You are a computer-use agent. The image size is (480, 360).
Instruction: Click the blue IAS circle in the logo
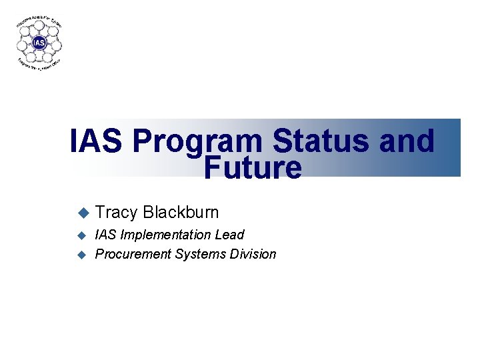pyautogui.click(x=40, y=43)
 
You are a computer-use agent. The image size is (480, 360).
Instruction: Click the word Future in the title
pyautogui.click(x=253, y=168)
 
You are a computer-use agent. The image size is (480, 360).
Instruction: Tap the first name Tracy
pyautogui.click(x=116, y=213)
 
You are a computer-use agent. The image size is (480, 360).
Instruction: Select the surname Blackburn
pyautogui.click(x=181, y=213)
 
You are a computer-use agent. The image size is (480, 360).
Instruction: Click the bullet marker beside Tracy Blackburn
pyautogui.click(x=83, y=213)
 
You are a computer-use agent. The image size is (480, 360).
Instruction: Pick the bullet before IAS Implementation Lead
pyautogui.click(x=83, y=235)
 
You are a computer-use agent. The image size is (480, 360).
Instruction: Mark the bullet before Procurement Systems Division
pyautogui.click(x=83, y=254)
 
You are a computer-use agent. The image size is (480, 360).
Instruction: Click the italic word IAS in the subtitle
pyautogui.click(x=105, y=235)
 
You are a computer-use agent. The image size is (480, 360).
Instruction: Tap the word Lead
pyautogui.click(x=230, y=235)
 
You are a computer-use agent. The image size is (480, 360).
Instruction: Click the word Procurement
pyautogui.click(x=133, y=254)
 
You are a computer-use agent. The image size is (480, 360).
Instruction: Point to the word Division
pyautogui.click(x=253, y=254)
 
